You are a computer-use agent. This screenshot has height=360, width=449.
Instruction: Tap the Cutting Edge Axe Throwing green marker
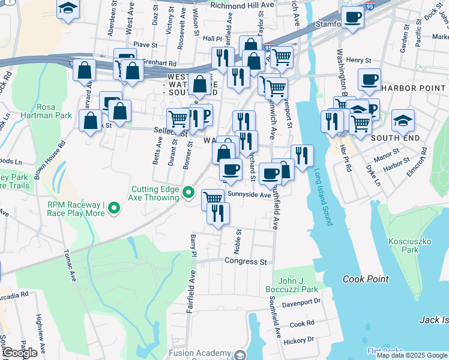[x=188, y=193]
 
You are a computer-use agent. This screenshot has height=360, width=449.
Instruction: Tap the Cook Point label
[x=366, y=279]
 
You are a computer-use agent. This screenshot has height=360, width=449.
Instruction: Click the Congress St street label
[x=246, y=262]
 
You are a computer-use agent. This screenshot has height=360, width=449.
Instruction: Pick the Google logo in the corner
[x=20, y=353]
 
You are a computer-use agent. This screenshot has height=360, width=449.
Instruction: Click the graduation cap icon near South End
[x=403, y=119]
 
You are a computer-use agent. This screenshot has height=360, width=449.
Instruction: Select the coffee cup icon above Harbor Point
[x=369, y=79]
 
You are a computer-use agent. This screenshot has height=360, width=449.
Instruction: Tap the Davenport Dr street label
[x=301, y=302]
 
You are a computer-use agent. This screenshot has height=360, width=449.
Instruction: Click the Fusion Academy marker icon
[x=241, y=355]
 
